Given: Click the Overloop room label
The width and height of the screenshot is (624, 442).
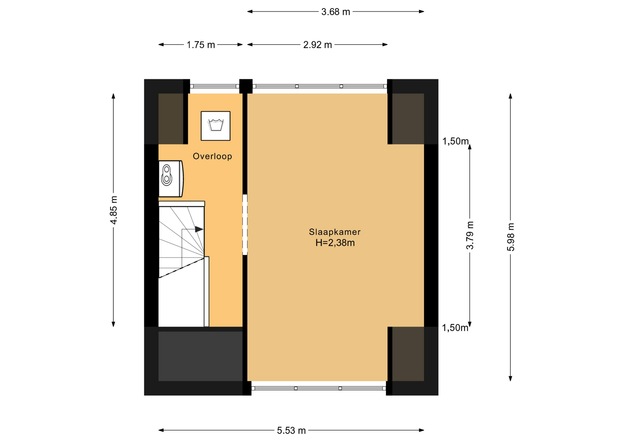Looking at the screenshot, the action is [x=212, y=156].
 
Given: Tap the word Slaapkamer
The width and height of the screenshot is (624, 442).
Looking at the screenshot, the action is [x=335, y=232].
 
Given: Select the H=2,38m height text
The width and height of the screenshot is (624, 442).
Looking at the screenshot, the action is [x=335, y=243].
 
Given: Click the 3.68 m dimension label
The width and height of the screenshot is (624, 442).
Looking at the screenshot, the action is [x=336, y=12].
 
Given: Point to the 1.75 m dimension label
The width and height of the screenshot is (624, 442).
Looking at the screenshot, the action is [x=201, y=45].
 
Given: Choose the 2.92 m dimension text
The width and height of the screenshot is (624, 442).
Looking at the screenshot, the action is [x=318, y=45].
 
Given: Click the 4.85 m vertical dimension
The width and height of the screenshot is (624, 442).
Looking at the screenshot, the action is [x=113, y=210].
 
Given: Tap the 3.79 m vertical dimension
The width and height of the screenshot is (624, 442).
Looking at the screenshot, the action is [x=470, y=235].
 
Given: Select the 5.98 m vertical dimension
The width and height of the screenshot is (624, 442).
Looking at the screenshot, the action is [x=511, y=237].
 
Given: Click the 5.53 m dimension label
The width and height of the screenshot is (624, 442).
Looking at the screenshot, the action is [x=291, y=431].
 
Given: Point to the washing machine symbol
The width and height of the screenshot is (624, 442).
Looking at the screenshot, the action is [x=215, y=126].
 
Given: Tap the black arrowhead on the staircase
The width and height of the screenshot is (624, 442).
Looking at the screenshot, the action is [x=199, y=229].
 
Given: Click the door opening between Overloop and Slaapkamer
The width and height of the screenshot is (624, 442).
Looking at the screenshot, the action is [x=245, y=225].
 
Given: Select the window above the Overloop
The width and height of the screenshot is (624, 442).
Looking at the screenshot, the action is [x=214, y=86].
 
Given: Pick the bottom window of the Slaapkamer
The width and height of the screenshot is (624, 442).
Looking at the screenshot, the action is [x=318, y=388].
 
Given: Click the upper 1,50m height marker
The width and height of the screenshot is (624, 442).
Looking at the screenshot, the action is [x=456, y=141].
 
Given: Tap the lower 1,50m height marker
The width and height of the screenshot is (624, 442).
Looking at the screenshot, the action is [x=455, y=328].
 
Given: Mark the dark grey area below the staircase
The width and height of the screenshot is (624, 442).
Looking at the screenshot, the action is [x=201, y=356].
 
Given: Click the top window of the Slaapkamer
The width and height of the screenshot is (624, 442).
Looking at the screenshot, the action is [x=320, y=86].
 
